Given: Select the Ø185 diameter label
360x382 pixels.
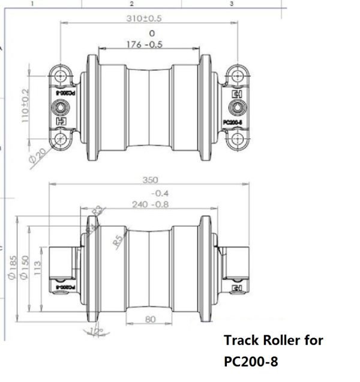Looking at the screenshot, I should (x=11, y=268).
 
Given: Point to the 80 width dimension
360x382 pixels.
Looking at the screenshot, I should (x=151, y=319).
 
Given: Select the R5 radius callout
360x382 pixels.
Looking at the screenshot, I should (x=118, y=241).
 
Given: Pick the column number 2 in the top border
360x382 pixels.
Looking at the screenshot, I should (x=131, y=4).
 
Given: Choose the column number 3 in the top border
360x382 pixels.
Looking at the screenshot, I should (x=232, y=4).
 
